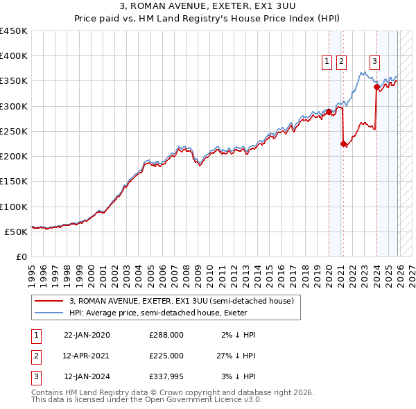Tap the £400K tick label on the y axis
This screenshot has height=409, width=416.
pyautogui.click(x=13, y=56)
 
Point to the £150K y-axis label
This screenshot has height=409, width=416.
pyautogui.click(x=13, y=181)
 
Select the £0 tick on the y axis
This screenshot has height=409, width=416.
pyautogui.click(x=21, y=256)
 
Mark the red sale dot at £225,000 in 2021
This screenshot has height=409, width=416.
pyautogui.click(x=343, y=144)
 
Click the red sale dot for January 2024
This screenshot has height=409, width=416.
pyautogui.click(x=376, y=87)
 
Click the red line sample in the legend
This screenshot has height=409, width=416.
pyautogui.click(x=50, y=301)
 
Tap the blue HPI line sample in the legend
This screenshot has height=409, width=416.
pyautogui.click(x=50, y=313)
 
